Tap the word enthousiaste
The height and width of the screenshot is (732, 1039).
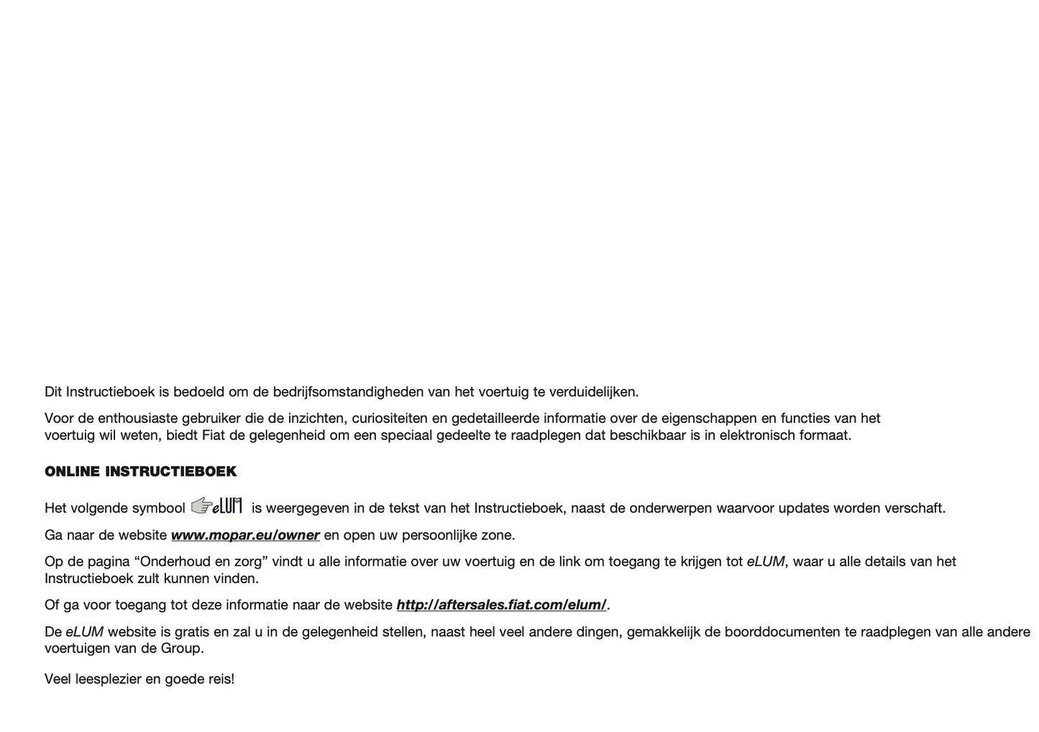click(137, 418)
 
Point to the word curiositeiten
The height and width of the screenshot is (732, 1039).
click(388, 418)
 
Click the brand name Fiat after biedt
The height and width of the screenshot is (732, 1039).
click(213, 435)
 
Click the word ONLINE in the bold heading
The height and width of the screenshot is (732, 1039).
click(72, 472)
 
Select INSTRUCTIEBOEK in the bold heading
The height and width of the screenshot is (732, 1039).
click(171, 472)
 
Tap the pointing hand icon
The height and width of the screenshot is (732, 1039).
click(201, 505)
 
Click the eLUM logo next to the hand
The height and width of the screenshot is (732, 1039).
click(228, 506)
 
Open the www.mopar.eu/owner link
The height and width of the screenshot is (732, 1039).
click(245, 535)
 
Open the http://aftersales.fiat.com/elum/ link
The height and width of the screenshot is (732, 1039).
click(501, 605)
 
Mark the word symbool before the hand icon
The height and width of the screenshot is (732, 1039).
click(158, 508)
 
